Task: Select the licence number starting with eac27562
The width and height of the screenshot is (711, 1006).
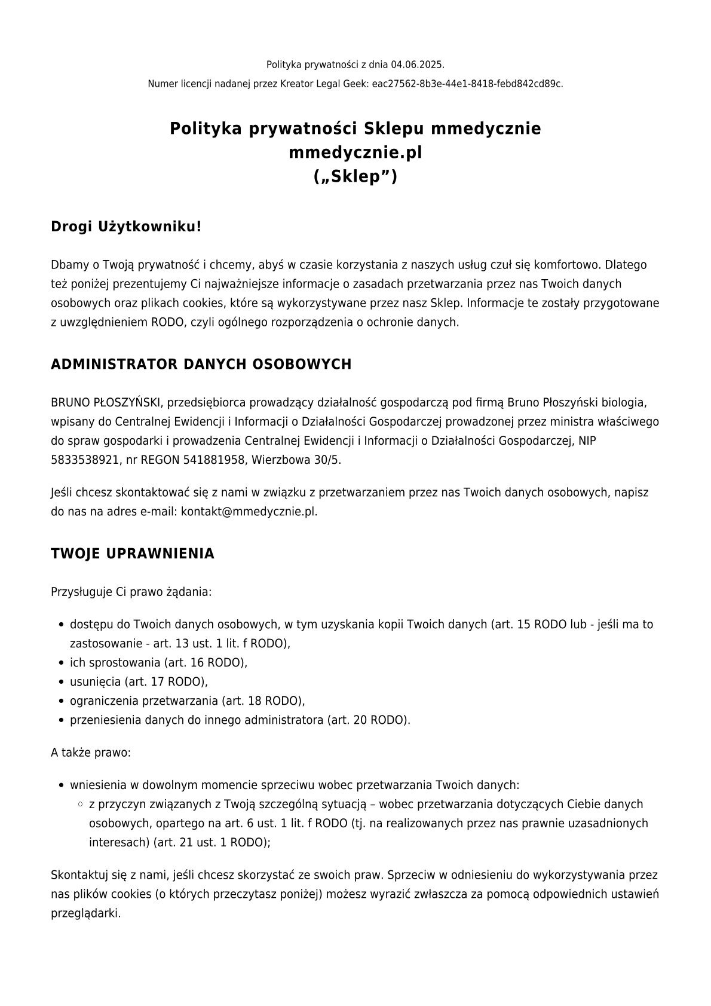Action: [467, 84]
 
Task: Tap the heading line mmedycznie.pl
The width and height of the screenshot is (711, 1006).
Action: [355, 153]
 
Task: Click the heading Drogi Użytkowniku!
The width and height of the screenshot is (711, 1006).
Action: [126, 227]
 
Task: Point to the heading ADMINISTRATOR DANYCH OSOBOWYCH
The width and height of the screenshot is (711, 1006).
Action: [201, 365]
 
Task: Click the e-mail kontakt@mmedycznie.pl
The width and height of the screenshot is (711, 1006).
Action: [249, 512]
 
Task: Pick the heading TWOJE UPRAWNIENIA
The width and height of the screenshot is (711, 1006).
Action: [133, 554]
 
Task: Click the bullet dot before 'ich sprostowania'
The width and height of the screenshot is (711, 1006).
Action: [62, 663]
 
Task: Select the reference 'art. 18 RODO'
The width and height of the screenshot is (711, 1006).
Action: [263, 701]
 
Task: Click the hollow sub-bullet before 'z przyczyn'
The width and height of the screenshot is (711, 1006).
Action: [80, 805]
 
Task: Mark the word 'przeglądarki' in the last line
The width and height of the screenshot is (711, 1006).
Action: [85, 914]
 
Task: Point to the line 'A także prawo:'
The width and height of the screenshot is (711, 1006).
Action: [91, 753]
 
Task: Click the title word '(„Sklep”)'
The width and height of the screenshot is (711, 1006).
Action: [355, 178]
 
